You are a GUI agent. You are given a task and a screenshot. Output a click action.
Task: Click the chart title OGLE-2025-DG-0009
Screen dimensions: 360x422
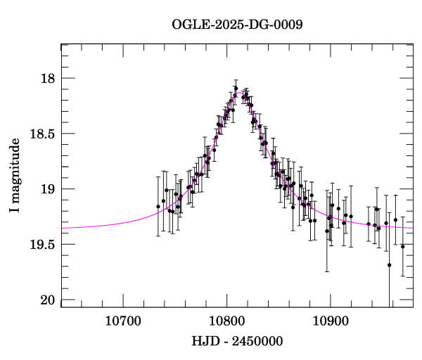237,25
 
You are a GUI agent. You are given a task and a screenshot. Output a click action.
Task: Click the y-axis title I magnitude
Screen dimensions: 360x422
15,176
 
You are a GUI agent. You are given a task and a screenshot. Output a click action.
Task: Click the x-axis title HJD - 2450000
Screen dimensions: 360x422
237,341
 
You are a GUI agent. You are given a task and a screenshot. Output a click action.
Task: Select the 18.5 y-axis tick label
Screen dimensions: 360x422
41,134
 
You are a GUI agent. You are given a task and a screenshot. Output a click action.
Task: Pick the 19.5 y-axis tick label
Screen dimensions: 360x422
41,245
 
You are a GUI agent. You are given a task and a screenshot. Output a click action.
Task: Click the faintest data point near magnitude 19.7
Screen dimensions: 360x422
389,265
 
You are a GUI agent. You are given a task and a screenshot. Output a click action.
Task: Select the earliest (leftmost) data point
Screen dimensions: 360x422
158,206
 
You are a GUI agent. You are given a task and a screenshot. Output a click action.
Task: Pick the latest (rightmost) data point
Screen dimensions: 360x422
403,246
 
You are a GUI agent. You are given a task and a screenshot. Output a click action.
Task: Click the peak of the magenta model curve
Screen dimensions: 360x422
239,92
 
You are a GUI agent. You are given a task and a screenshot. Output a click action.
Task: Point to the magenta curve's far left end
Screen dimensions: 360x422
63,228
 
